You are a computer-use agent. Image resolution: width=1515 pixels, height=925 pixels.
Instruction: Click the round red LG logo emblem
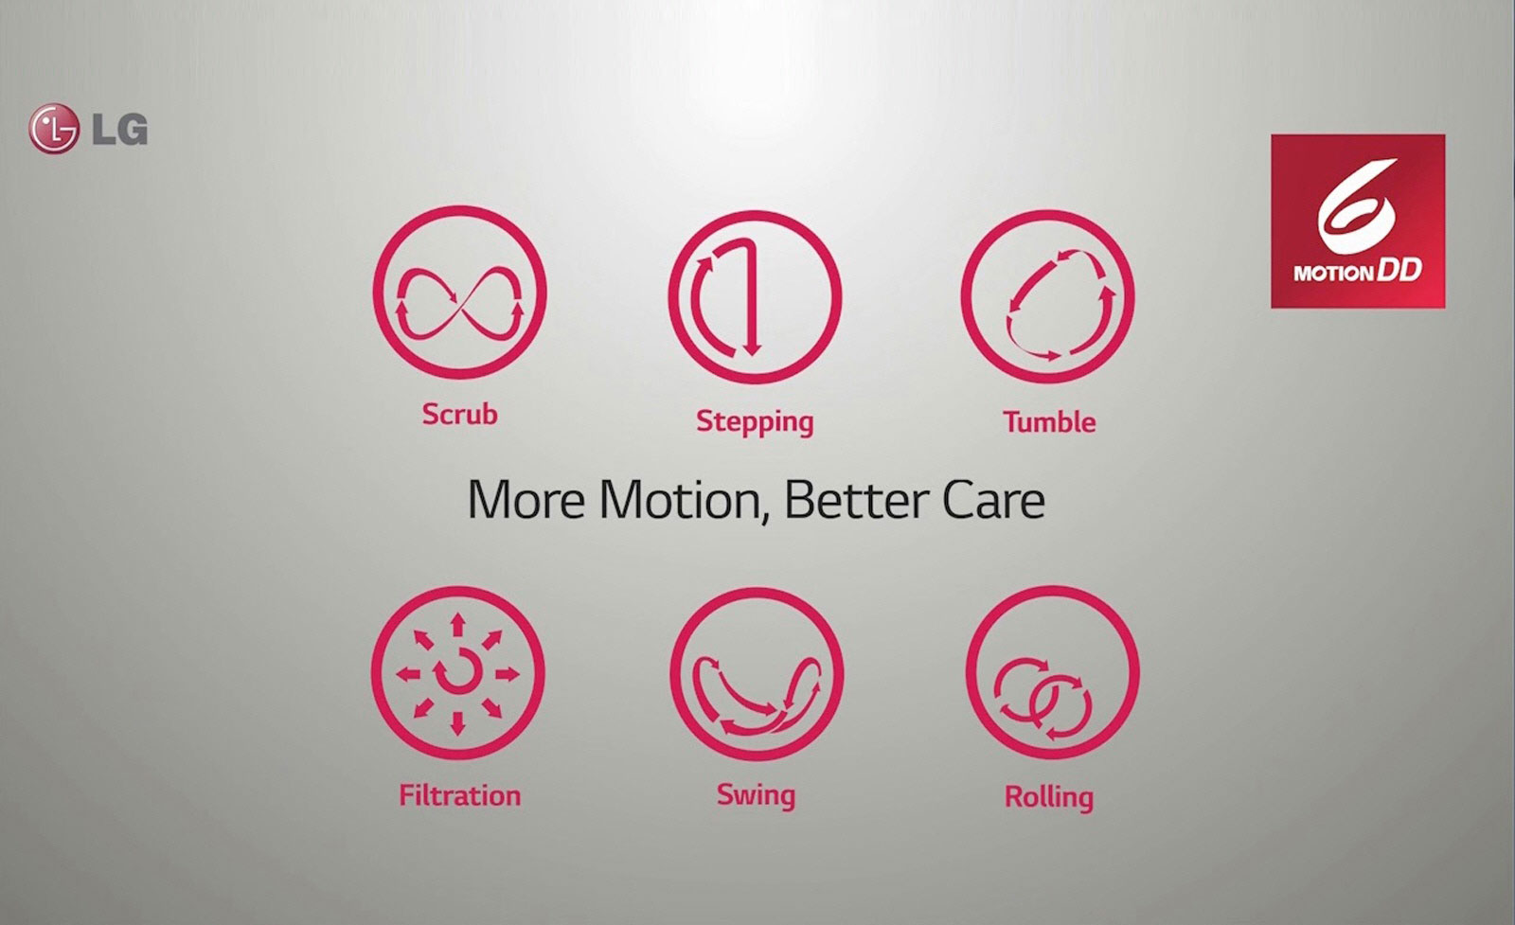(x=53, y=129)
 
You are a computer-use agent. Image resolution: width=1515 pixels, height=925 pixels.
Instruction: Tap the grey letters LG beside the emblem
(x=119, y=129)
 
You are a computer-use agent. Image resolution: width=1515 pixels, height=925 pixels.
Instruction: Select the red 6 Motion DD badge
(x=1358, y=222)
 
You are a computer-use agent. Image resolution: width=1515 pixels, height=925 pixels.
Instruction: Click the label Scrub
(x=459, y=414)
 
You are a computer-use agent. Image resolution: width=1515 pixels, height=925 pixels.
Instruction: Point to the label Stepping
(x=755, y=422)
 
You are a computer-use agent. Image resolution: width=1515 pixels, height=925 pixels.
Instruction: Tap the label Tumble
(x=1049, y=422)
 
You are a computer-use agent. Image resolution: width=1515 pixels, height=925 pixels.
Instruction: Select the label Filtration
(x=460, y=795)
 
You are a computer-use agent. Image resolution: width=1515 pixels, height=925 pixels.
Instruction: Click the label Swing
(x=756, y=796)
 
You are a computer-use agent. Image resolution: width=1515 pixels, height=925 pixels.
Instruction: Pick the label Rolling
(x=1049, y=797)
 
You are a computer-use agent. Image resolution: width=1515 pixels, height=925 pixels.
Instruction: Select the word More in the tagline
(x=526, y=500)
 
